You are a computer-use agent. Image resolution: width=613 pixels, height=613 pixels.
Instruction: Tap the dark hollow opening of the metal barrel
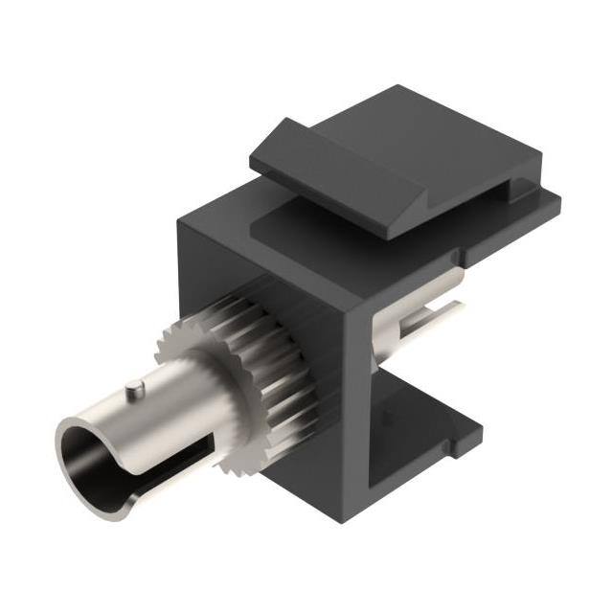[x=88, y=448]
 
